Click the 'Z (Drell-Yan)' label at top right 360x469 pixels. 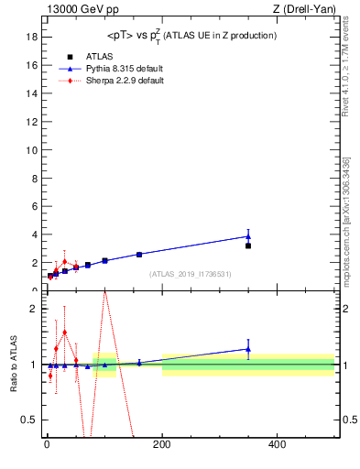pos(304,9)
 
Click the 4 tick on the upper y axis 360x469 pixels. pos(33,234)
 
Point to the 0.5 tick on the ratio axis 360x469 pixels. pos(28,420)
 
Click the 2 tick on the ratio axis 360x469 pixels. pos(33,309)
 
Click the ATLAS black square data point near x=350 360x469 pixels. pos(248,245)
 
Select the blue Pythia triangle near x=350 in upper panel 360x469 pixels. pos(248,236)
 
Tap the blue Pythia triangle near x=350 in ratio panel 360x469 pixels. pos(248,348)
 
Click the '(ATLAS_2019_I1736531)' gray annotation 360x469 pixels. pos(190,274)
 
